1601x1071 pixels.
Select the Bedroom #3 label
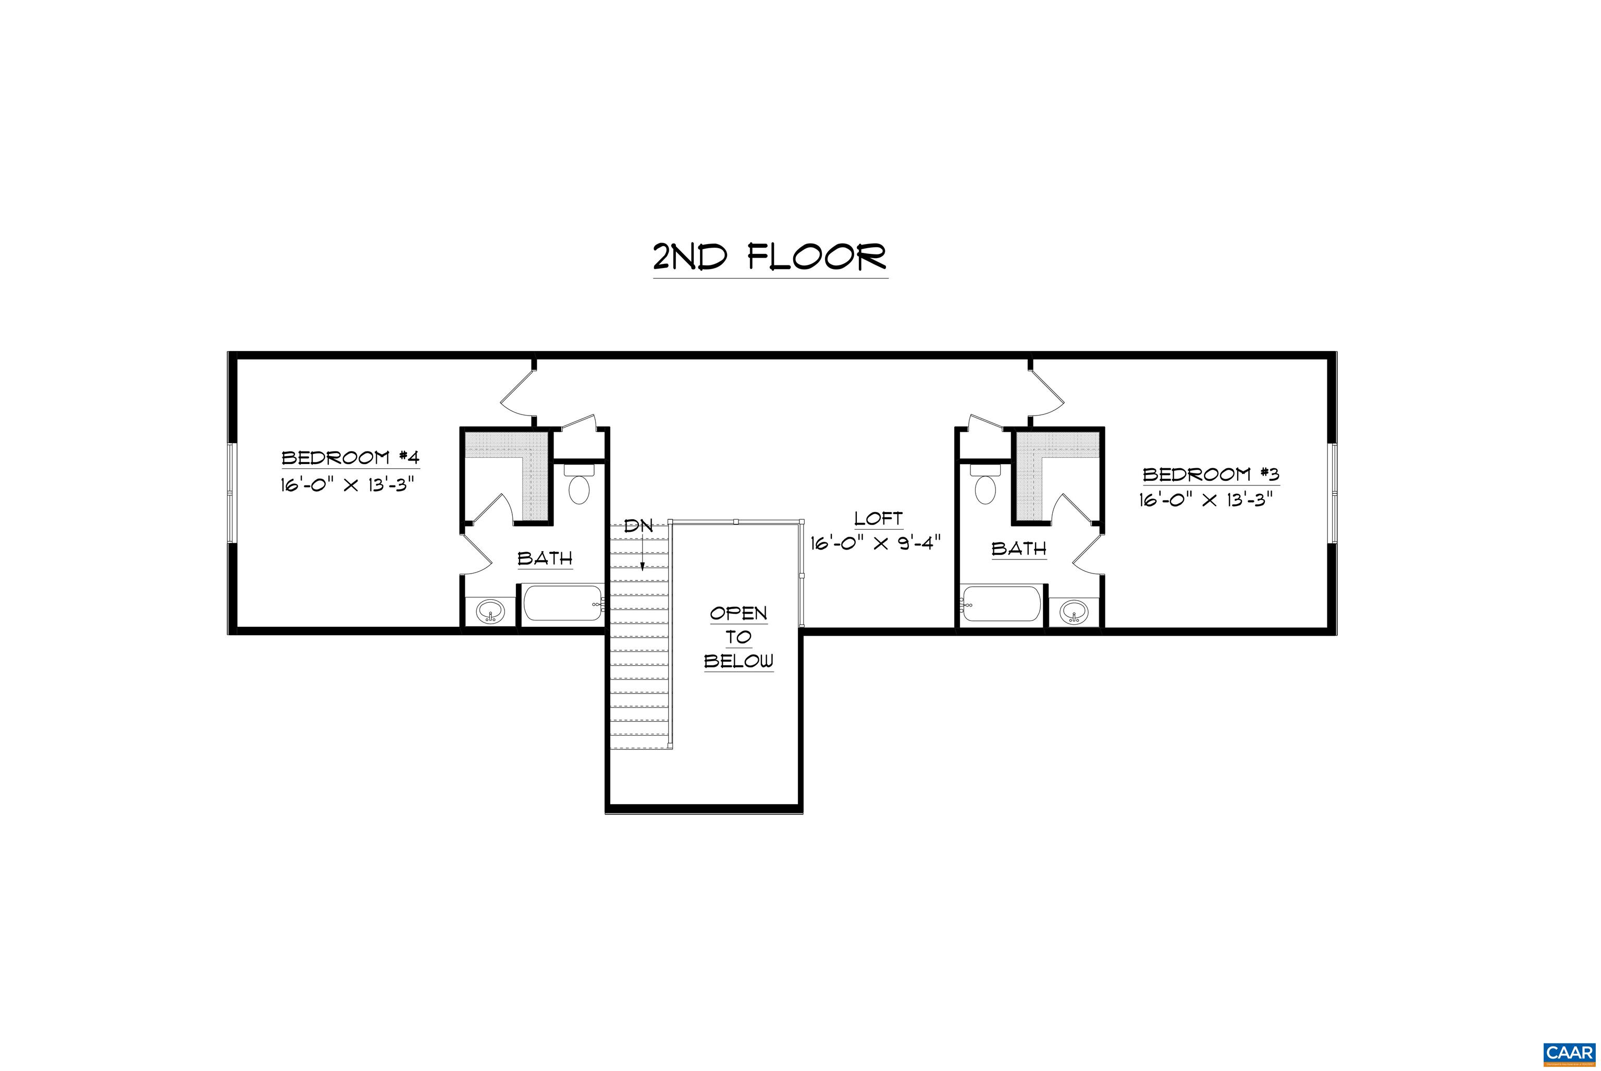coord(1211,474)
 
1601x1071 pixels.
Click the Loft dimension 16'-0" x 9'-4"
coord(876,543)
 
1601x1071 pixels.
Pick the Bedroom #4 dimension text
coord(348,485)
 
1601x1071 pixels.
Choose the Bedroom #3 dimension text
coord(1206,500)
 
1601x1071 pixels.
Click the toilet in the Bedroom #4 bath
coord(579,484)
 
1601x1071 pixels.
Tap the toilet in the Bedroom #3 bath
coord(985,484)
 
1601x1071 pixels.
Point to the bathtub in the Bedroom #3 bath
coord(1002,603)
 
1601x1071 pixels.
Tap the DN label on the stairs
coord(639,526)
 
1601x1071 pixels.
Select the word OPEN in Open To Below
coord(738,613)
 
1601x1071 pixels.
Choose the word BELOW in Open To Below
coord(738,661)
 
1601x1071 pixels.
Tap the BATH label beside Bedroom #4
coord(545,558)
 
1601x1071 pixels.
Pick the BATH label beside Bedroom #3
coord(1019,549)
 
